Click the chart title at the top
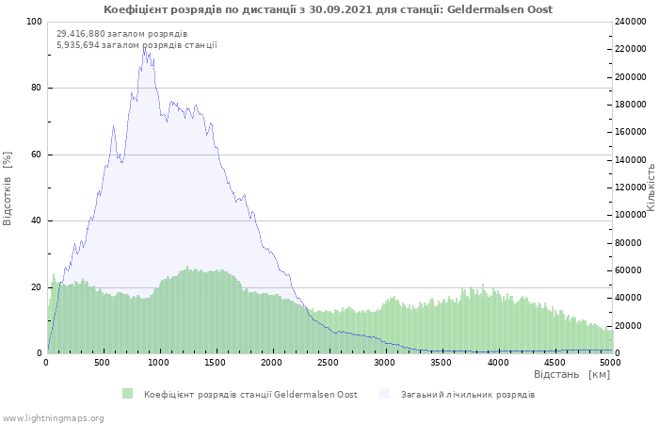point(328,9)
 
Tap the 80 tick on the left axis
point(36,88)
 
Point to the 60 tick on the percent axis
point(36,155)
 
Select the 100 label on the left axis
point(34,22)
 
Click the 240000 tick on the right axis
point(630,22)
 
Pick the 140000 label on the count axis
point(630,160)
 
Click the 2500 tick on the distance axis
point(328,363)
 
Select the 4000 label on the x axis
point(498,363)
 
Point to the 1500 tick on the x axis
point(215,363)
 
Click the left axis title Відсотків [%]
point(8,188)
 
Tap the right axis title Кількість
point(651,188)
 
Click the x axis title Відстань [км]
point(571,374)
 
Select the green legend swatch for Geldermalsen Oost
point(127,394)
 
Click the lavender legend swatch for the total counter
point(384,394)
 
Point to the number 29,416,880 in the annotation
point(80,34)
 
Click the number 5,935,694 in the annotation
point(78,44)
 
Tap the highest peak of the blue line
point(144,47)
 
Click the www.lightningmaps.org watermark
point(53,418)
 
